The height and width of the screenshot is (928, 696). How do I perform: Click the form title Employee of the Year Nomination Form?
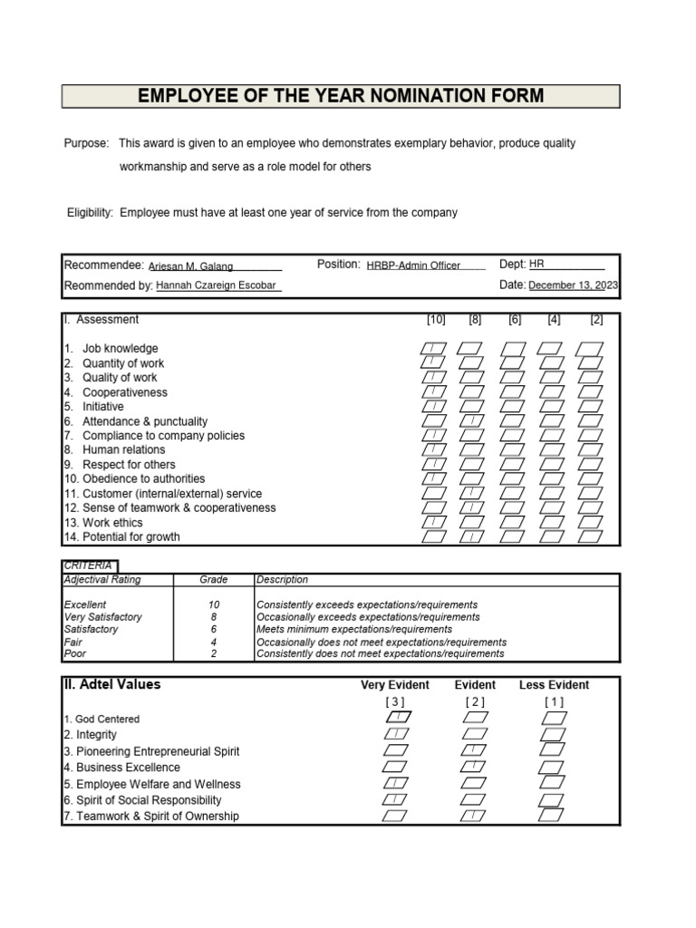click(x=340, y=96)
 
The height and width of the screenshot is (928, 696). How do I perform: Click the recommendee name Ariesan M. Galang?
click(x=191, y=266)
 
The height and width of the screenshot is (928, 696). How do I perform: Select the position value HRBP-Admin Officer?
click(x=413, y=266)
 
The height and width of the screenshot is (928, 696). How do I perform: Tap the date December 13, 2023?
click(x=574, y=285)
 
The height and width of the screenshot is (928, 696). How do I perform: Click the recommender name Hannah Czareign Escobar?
click(x=216, y=285)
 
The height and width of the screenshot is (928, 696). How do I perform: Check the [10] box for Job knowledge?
click(x=434, y=349)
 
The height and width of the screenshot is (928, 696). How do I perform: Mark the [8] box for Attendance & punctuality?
click(x=469, y=421)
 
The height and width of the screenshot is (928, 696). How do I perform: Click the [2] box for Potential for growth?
click(x=590, y=536)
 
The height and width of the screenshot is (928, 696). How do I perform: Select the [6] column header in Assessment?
click(x=515, y=320)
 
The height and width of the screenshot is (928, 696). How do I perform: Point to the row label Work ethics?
click(x=112, y=523)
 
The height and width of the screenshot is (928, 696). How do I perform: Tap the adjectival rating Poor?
click(x=74, y=653)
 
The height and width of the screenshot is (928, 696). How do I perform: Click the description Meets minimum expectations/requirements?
click(x=354, y=629)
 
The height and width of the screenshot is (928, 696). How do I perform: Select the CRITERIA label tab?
click(x=88, y=565)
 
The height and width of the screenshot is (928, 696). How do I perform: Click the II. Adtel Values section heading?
click(x=111, y=685)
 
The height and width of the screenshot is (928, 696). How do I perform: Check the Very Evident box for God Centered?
click(x=396, y=718)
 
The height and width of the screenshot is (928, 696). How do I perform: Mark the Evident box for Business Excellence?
click(x=474, y=767)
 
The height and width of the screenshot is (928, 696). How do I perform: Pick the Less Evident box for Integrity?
click(x=554, y=734)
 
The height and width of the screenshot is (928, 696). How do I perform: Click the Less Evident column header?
click(x=554, y=685)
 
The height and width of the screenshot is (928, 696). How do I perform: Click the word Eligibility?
click(x=90, y=213)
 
